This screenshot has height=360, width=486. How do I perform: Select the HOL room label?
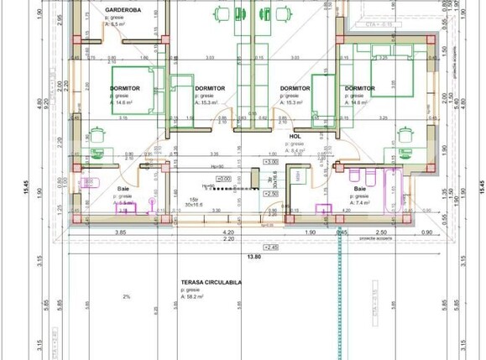[295, 135]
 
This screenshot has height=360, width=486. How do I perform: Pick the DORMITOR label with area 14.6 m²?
[124, 87]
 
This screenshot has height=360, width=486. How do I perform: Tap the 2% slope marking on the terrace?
[127, 297]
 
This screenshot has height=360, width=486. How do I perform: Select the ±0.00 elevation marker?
[271, 178]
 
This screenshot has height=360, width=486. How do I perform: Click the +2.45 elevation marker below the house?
[271, 248]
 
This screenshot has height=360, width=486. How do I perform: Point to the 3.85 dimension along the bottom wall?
[119, 232]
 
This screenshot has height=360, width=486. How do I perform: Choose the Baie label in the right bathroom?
[359, 190]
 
